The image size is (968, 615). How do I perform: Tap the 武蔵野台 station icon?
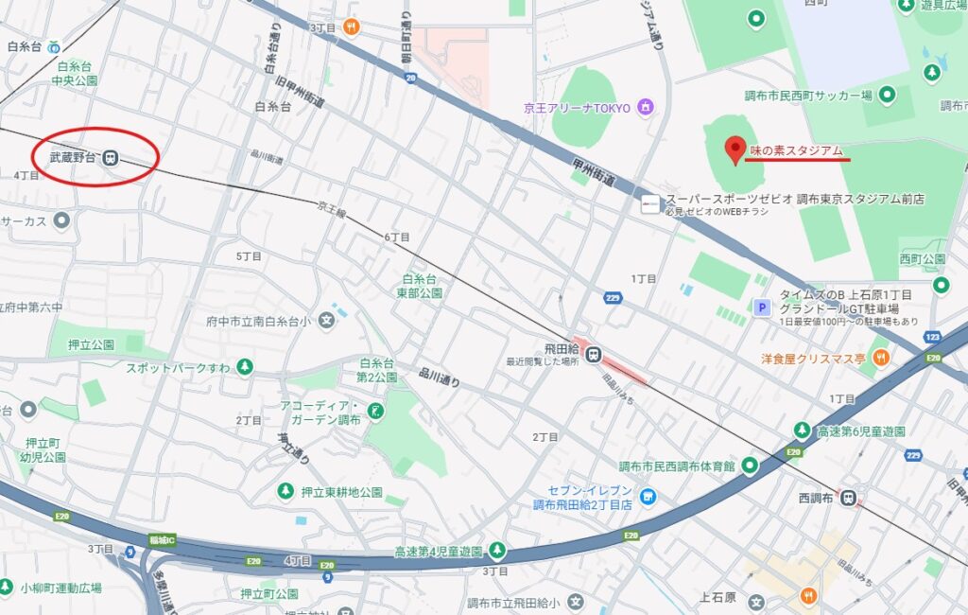pyautogui.click(x=111, y=158)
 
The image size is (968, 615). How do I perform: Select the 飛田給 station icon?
pyautogui.click(x=593, y=355)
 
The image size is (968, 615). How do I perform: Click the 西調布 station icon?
pyautogui.click(x=848, y=496)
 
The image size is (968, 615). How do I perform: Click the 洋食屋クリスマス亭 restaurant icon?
pyautogui.click(x=881, y=357)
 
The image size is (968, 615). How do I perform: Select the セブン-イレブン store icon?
pyautogui.click(x=648, y=496)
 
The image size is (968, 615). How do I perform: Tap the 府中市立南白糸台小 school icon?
pyautogui.click(x=327, y=321)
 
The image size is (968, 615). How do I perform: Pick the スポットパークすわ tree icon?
pyautogui.click(x=245, y=366)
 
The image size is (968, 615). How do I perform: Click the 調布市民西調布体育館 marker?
pyautogui.click(x=750, y=465)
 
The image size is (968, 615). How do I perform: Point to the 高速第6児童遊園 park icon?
pyautogui.click(x=802, y=431)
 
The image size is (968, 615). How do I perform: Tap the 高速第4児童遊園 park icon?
pyautogui.click(x=497, y=551)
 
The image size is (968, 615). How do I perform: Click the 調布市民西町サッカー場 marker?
pyautogui.click(x=887, y=94)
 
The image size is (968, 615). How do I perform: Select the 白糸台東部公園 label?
pyautogui.click(x=423, y=286)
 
